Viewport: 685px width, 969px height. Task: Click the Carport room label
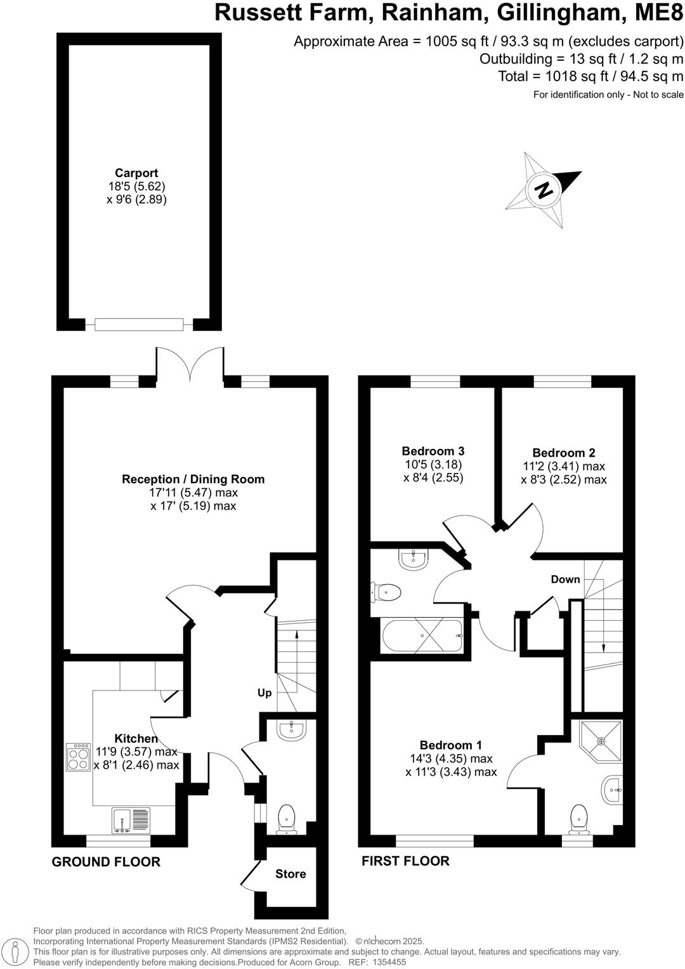tap(136, 173)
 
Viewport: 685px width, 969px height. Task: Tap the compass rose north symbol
tap(543, 190)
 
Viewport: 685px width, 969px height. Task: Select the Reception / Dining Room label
tap(193, 479)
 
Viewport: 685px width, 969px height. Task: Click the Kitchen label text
tap(136, 738)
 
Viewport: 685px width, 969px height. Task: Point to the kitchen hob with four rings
tap(79, 757)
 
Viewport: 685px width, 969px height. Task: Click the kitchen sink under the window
tap(131, 820)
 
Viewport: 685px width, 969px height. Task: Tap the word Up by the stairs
tap(264, 693)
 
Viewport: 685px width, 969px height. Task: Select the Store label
tap(290, 874)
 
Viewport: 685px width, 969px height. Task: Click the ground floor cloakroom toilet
tap(287, 818)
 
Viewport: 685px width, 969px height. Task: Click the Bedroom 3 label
tap(433, 451)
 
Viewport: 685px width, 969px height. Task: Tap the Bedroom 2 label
tap(564, 453)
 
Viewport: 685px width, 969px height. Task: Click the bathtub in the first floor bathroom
tap(422, 635)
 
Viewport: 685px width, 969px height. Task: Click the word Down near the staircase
tap(565, 579)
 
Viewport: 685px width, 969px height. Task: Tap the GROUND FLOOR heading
tap(106, 862)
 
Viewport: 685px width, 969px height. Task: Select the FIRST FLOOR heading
tap(405, 861)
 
